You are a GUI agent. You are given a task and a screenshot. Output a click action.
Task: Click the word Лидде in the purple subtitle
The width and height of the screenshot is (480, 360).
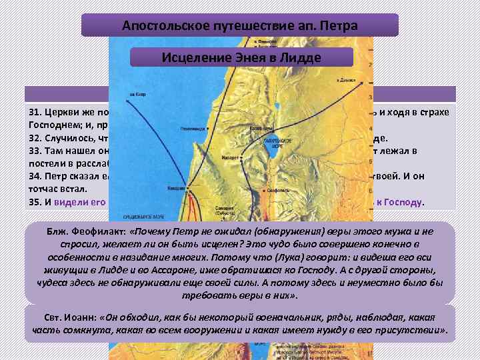(299, 57)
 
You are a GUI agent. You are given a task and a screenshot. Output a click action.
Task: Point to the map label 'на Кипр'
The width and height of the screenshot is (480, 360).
(137, 94)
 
